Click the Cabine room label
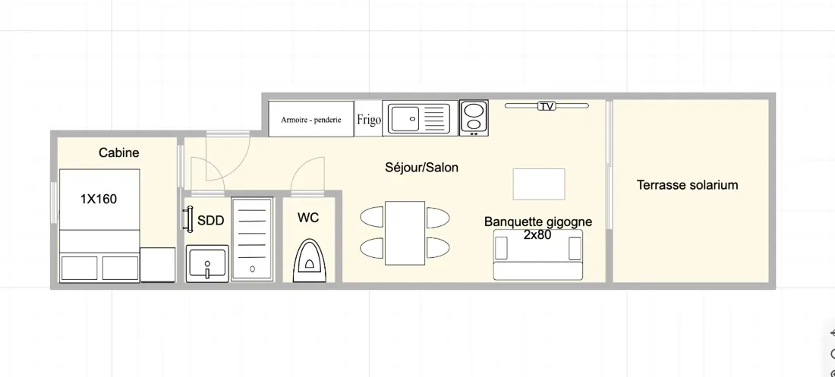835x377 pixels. pos(118,152)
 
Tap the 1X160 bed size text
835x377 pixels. pos(99,199)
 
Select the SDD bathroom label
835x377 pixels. pos(211,221)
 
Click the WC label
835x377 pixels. pos(308,218)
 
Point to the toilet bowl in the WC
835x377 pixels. pos(309,259)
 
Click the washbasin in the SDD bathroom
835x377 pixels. pos(207,263)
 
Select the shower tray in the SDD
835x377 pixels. pos(253,239)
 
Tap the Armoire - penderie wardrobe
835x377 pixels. pos(311,119)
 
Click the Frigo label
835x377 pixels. pos(368,119)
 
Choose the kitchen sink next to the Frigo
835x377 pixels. pos(421,118)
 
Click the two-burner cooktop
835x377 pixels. pos(474,118)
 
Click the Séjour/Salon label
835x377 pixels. pos(422,168)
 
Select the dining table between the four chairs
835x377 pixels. pos(405,233)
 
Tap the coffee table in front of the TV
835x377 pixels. pos(539,184)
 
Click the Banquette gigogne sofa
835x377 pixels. pos(538,255)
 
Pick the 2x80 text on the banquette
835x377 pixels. pos(537,234)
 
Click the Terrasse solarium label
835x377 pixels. pos(688,185)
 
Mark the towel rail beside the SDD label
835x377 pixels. pos(188,219)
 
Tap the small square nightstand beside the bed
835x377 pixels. pos(158,265)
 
